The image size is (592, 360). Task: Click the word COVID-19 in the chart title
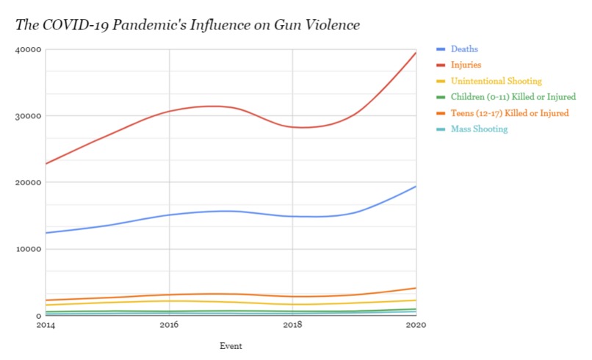click(x=71, y=26)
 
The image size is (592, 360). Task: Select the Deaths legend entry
click(x=464, y=49)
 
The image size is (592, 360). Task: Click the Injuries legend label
click(x=466, y=65)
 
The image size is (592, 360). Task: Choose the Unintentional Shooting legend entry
click(x=497, y=81)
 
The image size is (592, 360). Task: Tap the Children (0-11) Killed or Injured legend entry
click(x=513, y=97)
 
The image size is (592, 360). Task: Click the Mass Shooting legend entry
click(x=479, y=129)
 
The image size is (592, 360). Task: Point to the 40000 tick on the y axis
click(x=29, y=50)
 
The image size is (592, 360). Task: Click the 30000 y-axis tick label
click(x=29, y=116)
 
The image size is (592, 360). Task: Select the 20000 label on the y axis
click(x=29, y=183)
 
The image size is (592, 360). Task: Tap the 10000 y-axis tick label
click(x=29, y=249)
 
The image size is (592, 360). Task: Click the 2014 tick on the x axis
click(x=46, y=325)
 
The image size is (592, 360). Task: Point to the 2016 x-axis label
click(x=169, y=325)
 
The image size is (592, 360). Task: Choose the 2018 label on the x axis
click(x=292, y=325)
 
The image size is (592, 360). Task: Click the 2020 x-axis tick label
click(x=416, y=325)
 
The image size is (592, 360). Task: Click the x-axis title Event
click(x=231, y=345)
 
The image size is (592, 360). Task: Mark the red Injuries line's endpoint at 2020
click(x=416, y=53)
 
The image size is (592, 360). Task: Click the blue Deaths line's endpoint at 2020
click(x=416, y=187)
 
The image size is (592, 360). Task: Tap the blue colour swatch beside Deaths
click(x=441, y=49)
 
